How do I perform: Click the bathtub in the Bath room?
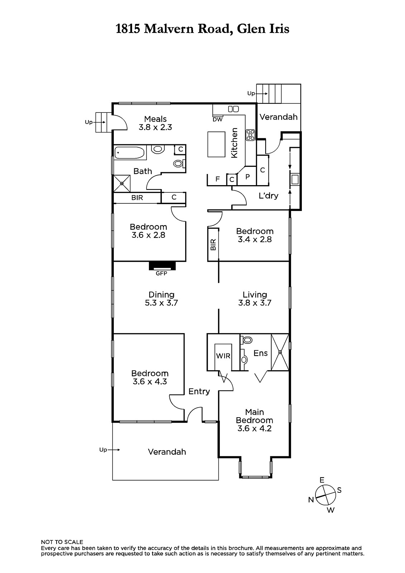click(130, 153)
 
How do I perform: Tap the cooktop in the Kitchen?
click(250, 135)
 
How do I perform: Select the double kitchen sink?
click(233, 109)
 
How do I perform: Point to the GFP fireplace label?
click(161, 274)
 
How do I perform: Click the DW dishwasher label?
click(217, 119)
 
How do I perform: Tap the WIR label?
click(223, 356)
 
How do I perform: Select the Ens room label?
click(260, 353)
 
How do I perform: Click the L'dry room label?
click(268, 196)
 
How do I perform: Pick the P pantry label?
click(247, 176)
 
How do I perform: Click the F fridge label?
click(217, 179)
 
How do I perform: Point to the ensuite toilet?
click(246, 340)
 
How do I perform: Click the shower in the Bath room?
click(122, 183)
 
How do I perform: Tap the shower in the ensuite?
click(280, 352)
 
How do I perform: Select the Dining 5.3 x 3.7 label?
click(161, 299)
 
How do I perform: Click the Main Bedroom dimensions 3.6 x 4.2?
click(254, 428)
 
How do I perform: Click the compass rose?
click(326, 495)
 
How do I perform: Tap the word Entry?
click(199, 392)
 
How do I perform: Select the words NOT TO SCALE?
click(62, 542)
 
